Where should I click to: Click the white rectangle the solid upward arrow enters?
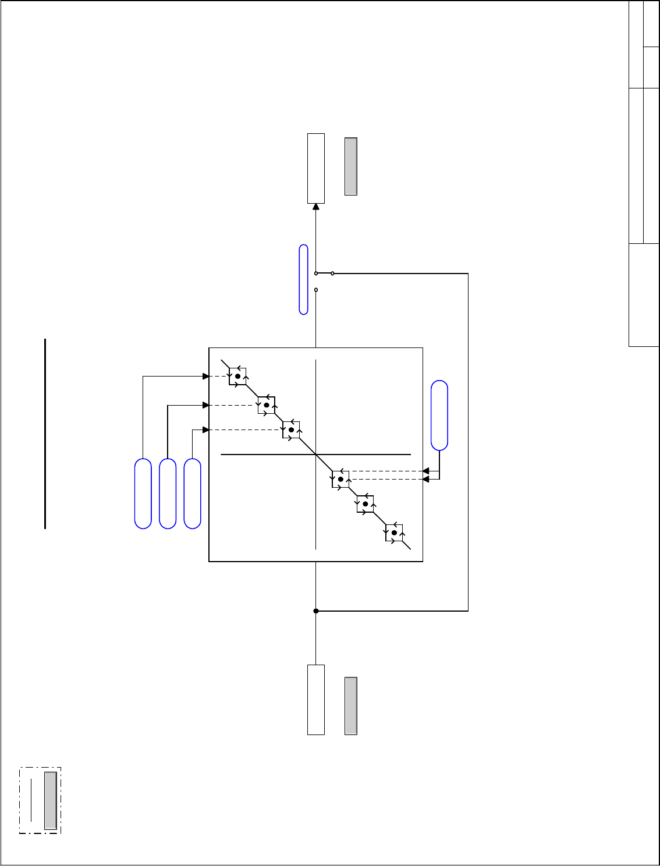[316, 168]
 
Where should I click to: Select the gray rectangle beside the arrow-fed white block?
[350, 166]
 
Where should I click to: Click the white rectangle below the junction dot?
[316, 700]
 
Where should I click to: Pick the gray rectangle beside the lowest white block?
[350, 705]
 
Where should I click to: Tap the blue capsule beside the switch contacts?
[303, 279]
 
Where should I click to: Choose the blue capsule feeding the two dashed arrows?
[439, 415]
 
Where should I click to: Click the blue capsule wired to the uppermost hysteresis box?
[143, 494]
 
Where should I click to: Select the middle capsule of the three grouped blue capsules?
[168, 494]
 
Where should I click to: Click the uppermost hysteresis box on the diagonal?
[237, 377]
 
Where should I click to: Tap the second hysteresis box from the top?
[267, 405]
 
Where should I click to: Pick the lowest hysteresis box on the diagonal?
[394, 533]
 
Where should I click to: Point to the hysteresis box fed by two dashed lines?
[340, 479]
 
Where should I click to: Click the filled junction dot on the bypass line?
[316, 611]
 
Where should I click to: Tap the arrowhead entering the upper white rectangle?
[316, 206]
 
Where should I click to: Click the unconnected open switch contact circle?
[316, 290]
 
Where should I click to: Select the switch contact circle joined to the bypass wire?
[332, 273]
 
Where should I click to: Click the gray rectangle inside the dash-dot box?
[51, 801]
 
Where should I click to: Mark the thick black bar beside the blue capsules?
[45, 434]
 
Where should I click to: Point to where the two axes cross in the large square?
[315, 454]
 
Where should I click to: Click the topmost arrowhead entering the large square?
[205, 377]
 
